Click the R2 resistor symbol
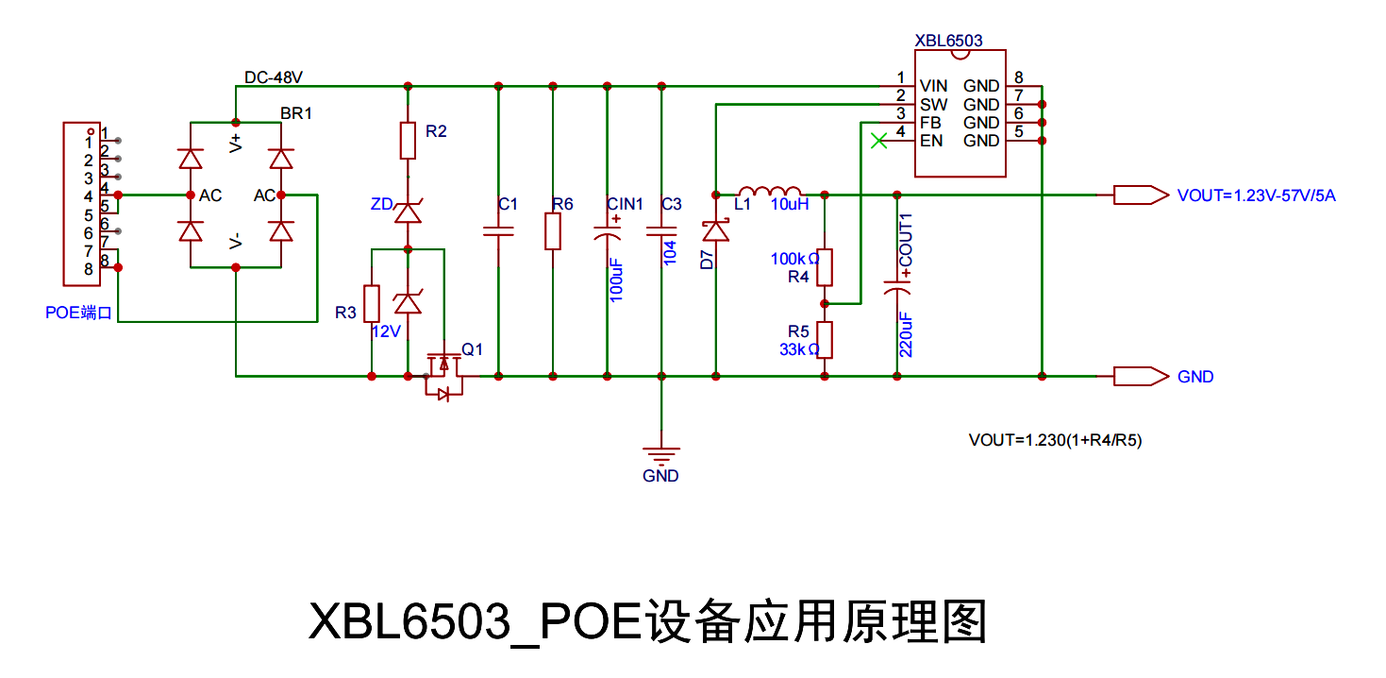(408, 141)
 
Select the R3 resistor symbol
(372, 302)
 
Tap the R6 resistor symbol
(553, 231)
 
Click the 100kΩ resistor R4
(825, 267)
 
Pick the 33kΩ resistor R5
(825, 339)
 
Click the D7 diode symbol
(717, 229)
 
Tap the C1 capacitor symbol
(497, 230)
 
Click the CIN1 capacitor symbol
(607, 231)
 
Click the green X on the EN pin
(878, 141)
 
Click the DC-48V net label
(274, 76)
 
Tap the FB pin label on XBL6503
(930, 123)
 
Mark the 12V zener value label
(387, 332)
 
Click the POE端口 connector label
(78, 313)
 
